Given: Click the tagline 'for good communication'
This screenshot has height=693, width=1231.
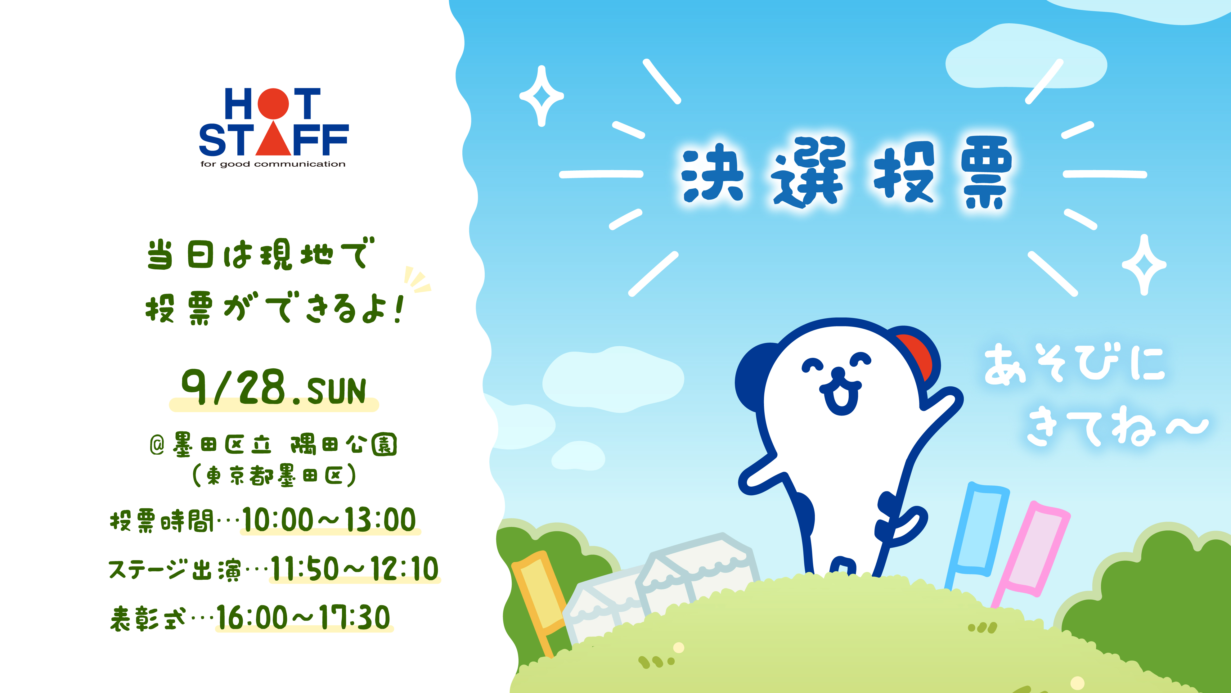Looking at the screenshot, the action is (x=273, y=164).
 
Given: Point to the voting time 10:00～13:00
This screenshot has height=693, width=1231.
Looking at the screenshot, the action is (x=329, y=520).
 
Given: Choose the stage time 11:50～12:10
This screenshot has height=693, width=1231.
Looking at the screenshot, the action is (x=354, y=569).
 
